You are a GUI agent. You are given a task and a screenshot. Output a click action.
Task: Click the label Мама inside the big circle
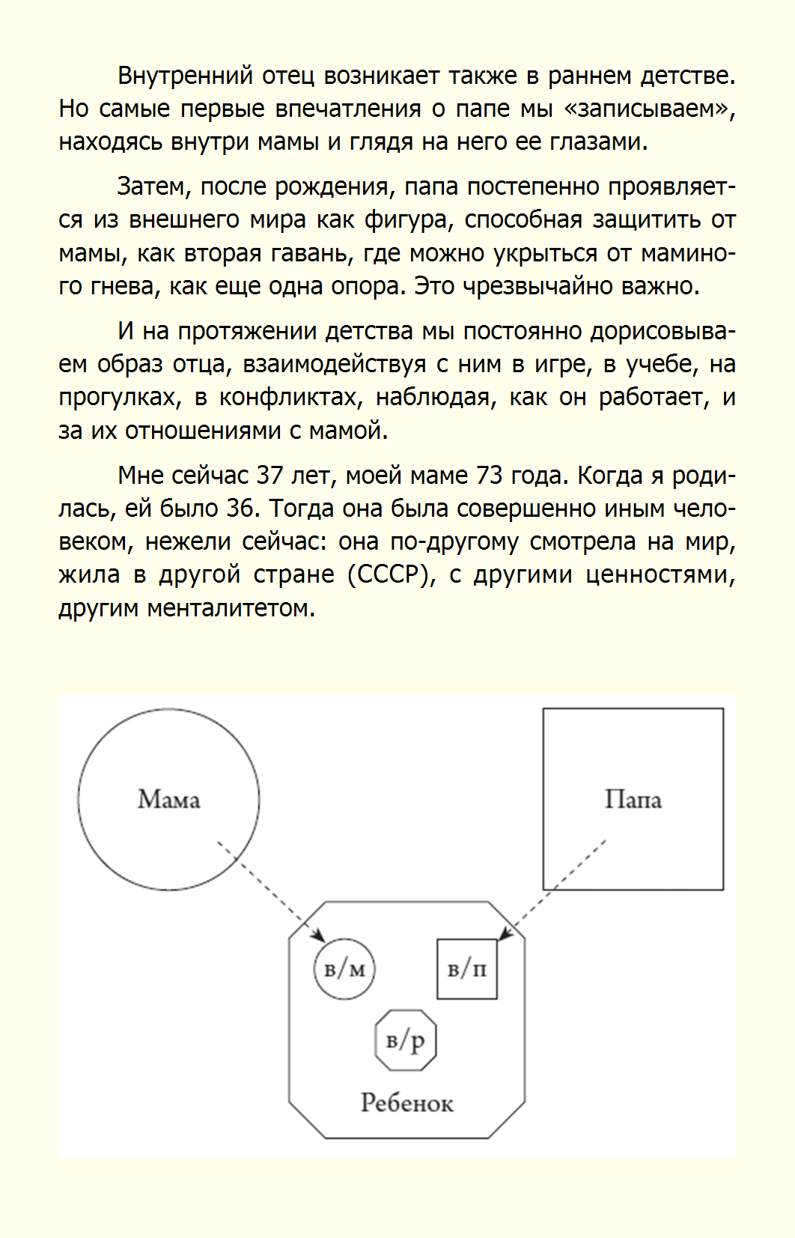(x=168, y=800)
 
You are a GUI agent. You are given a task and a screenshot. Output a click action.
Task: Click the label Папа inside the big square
(x=633, y=800)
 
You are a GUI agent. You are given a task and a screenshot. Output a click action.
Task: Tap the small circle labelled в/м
(x=344, y=969)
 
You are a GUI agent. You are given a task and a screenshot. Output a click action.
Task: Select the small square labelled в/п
(x=467, y=969)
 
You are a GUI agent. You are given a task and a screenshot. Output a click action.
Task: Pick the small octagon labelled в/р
(x=405, y=1040)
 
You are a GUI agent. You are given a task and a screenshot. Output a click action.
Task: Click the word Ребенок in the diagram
(x=406, y=1103)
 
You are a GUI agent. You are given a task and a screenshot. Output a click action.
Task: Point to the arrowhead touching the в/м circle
(x=320, y=936)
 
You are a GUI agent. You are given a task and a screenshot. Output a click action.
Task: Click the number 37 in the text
(x=269, y=476)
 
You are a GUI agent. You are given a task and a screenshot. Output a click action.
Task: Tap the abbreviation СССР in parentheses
(x=391, y=574)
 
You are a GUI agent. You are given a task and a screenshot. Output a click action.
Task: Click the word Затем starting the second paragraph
(x=154, y=186)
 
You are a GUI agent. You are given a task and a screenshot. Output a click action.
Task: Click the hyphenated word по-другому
(x=454, y=541)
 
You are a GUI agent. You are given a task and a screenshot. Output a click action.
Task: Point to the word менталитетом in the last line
(x=231, y=608)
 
